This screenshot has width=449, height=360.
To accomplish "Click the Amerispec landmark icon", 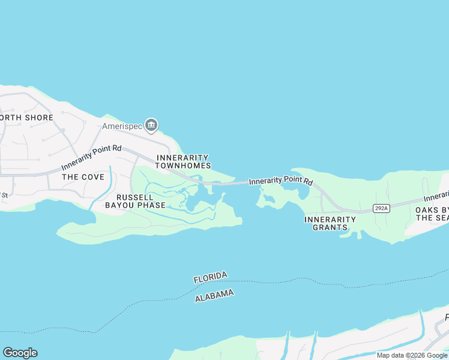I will click(x=151, y=125).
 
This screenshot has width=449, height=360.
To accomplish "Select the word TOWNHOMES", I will click(x=183, y=166).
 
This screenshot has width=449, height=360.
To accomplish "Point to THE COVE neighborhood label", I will click(x=83, y=177).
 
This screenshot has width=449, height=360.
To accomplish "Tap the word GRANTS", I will click(x=330, y=227).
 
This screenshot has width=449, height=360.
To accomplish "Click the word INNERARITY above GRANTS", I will click(x=330, y=219).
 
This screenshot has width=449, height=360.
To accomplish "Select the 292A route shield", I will click(x=380, y=208).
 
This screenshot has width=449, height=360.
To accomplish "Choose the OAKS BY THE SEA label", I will click(x=431, y=214).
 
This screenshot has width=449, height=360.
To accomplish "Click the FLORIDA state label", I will click(x=211, y=277).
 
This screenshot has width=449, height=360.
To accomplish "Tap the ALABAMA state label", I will click(x=214, y=295).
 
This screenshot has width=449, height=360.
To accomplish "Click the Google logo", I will click(x=20, y=353).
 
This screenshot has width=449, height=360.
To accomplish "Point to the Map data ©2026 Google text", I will click(x=412, y=355).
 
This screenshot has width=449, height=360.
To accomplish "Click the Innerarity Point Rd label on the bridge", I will click(x=280, y=181).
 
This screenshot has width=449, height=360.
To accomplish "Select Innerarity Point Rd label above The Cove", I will click(x=91, y=157).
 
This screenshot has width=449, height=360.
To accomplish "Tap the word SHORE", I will click(x=39, y=118).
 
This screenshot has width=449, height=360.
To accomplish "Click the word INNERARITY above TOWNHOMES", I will click(x=183, y=157).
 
